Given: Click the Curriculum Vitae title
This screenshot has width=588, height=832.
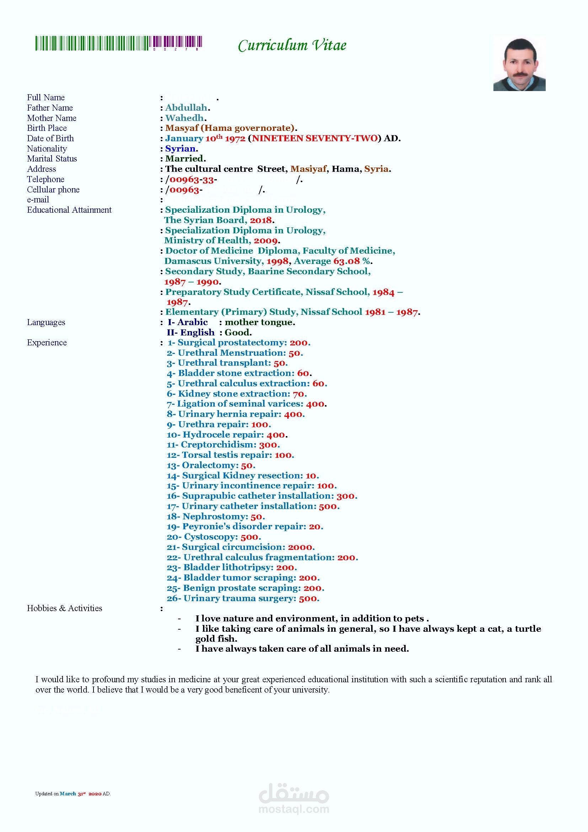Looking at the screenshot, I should click(292, 45).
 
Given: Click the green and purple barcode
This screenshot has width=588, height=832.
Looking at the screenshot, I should click(118, 43).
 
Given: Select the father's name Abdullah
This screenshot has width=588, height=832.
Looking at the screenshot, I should click(186, 108).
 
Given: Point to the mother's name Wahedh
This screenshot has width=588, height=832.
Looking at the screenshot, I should click(185, 118).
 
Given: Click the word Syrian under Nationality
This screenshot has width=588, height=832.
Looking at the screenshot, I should click(180, 149).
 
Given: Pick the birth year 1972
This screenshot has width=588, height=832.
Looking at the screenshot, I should click(235, 138).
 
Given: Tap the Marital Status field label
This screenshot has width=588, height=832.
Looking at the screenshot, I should click(52, 159).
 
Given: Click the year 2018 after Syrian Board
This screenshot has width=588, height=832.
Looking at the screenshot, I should click(261, 220).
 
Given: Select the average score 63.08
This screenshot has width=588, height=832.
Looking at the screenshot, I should click(347, 261).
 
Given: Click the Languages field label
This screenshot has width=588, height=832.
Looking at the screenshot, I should click(46, 323).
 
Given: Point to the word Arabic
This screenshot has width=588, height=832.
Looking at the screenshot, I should click(193, 322).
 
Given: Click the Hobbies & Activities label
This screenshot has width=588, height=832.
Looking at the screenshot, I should click(64, 608).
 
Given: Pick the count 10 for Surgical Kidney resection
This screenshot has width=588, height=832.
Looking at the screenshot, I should click(311, 476).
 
